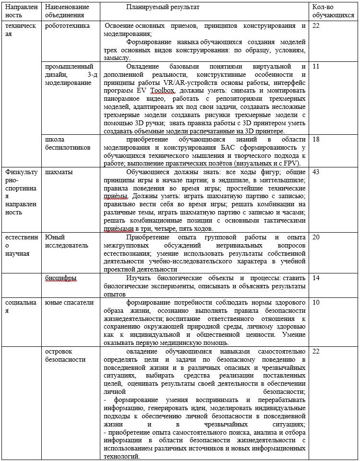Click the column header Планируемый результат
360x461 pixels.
[162, 8]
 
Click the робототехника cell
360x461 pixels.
[67, 25]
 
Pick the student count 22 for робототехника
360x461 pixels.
[316, 25]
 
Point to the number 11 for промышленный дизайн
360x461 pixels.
[316, 66]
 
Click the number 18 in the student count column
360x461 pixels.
[316, 139]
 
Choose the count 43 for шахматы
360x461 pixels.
[316, 172]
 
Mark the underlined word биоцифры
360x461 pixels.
[60, 278]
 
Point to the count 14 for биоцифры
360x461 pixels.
[316, 278]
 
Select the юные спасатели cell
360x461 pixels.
[69, 303]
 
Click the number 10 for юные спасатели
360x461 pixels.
[316, 303]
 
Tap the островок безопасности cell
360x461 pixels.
[65, 355]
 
